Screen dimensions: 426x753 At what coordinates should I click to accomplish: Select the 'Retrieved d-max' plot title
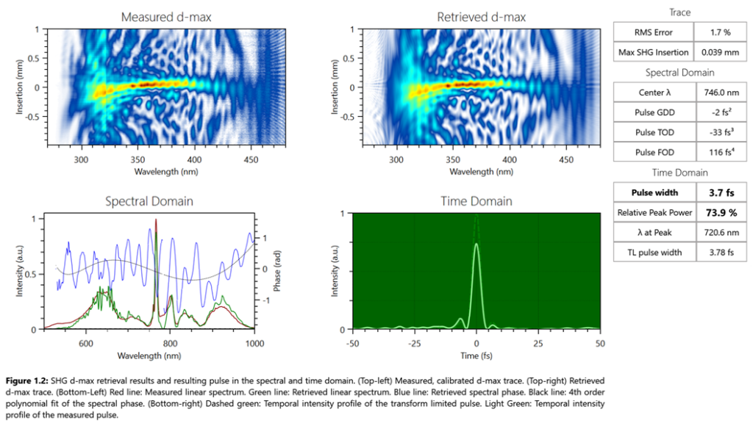coord(481,16)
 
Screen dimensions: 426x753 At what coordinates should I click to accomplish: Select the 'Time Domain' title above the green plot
coord(476,201)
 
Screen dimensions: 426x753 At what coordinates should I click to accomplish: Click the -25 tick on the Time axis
coord(415,343)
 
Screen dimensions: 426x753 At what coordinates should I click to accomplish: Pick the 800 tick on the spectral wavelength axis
coord(170,343)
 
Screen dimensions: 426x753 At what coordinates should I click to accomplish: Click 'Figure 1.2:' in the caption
coord(29,380)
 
